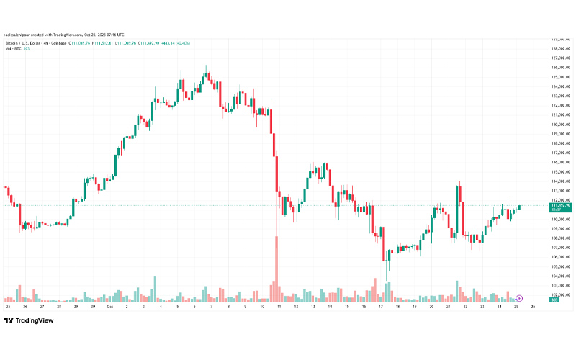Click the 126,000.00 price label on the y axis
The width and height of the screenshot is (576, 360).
(561, 68)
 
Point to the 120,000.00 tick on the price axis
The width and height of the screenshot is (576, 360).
(561, 124)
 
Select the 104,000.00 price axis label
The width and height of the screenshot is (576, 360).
(561, 276)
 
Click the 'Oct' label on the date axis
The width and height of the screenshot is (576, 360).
(109, 306)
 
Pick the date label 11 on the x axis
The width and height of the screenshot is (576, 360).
(277, 306)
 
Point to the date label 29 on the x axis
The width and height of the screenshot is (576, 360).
(75, 306)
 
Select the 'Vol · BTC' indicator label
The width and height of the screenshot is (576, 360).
(14, 48)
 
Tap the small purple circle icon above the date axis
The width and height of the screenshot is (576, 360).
(518, 297)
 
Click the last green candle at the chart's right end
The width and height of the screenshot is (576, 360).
(519, 207)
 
